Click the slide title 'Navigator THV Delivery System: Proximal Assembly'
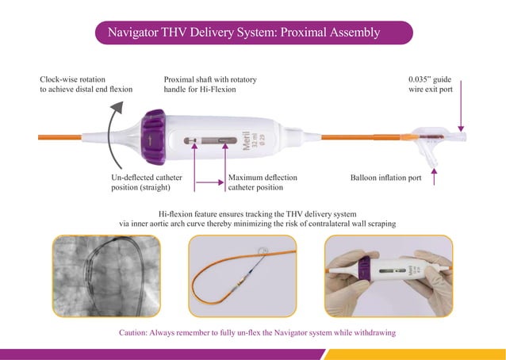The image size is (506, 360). click(253, 33)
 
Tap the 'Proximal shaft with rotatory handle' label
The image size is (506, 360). click(209, 85)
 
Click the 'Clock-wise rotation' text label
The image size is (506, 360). click(75, 80)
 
